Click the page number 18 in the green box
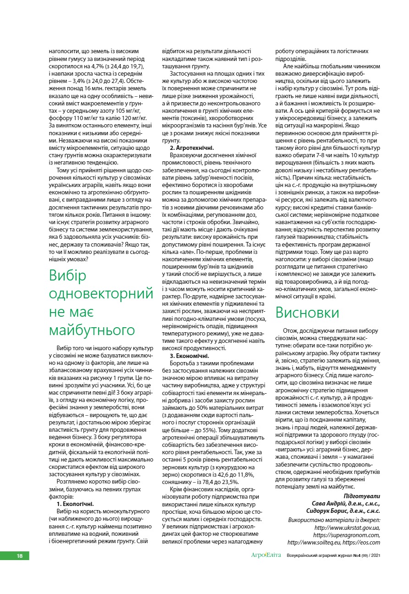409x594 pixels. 20,555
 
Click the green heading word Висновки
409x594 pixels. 307,313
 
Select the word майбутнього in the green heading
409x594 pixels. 92,330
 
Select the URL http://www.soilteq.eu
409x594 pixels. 313,542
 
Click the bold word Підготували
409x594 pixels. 362,496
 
